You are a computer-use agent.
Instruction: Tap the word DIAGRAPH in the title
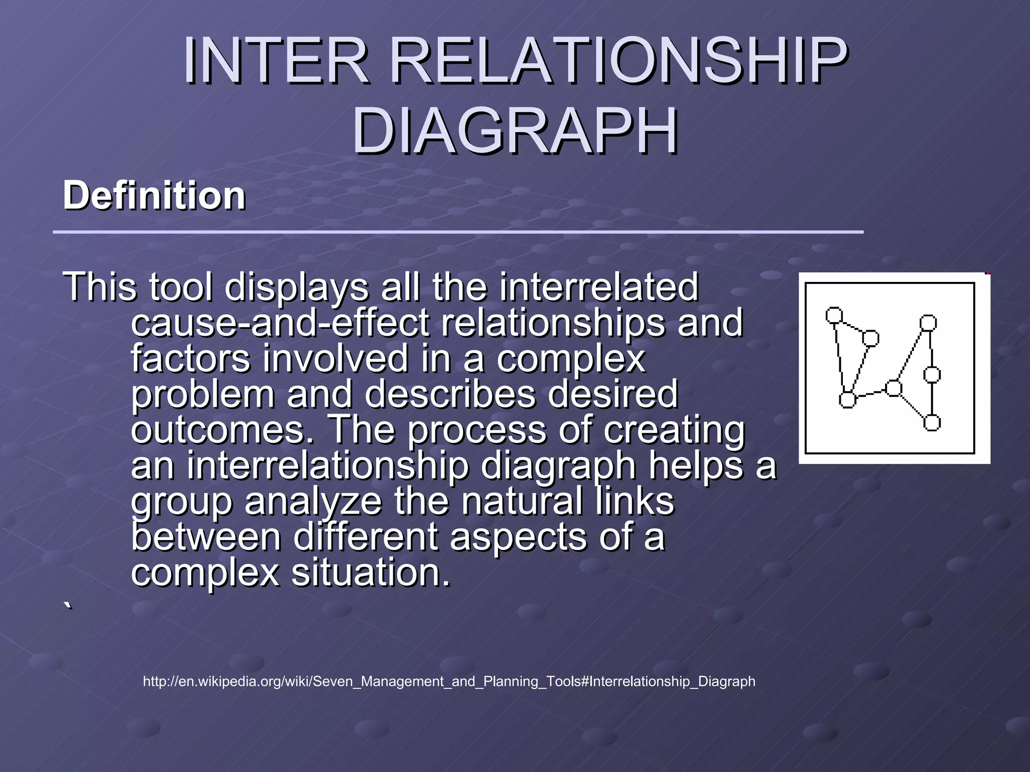(514, 132)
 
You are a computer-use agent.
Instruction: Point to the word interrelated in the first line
(598, 286)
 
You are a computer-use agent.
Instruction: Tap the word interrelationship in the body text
(327, 465)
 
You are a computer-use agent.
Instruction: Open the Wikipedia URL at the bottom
(449, 682)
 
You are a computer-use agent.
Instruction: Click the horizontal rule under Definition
(458, 232)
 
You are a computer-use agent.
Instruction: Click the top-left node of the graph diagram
(834, 315)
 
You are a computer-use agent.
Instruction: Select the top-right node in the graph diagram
(928, 323)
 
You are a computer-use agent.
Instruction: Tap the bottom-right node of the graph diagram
(932, 423)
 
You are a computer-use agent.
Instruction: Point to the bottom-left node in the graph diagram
(847, 400)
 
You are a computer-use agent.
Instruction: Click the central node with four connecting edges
(894, 388)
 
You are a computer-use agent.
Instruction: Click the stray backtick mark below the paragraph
(68, 605)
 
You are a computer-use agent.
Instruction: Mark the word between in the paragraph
(206, 537)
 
